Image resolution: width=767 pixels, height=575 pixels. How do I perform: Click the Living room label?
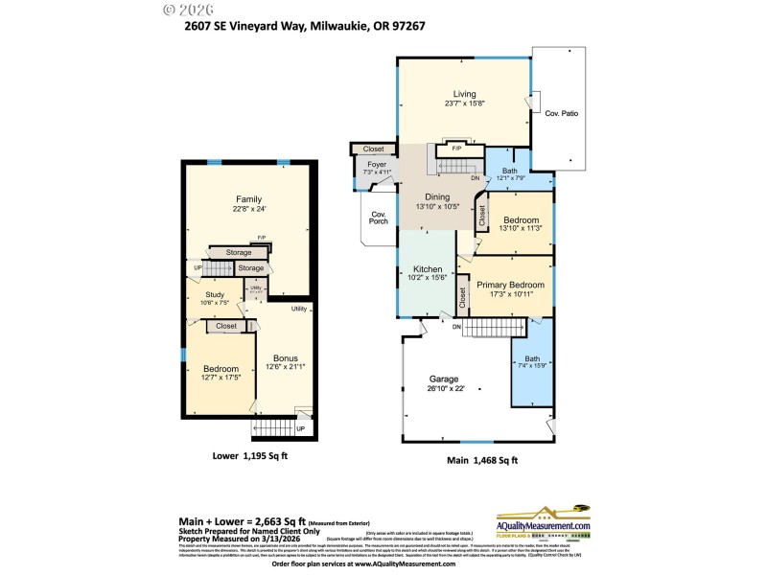click(464, 93)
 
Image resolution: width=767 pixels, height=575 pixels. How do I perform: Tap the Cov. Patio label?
click(562, 113)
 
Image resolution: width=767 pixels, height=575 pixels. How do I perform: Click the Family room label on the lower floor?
click(249, 198)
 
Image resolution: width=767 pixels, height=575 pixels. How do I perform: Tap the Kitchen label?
click(427, 268)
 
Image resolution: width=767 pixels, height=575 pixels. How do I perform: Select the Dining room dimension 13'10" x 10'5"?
click(437, 206)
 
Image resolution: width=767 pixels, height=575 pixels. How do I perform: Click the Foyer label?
click(376, 164)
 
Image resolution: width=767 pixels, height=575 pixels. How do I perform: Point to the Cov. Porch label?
click(379, 218)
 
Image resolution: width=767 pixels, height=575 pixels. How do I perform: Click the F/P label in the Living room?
click(456, 149)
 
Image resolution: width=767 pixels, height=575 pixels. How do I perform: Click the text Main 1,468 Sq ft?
click(482, 461)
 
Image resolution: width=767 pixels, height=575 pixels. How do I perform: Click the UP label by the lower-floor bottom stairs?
click(301, 428)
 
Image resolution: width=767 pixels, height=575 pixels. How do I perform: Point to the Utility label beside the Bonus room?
click(298, 309)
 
